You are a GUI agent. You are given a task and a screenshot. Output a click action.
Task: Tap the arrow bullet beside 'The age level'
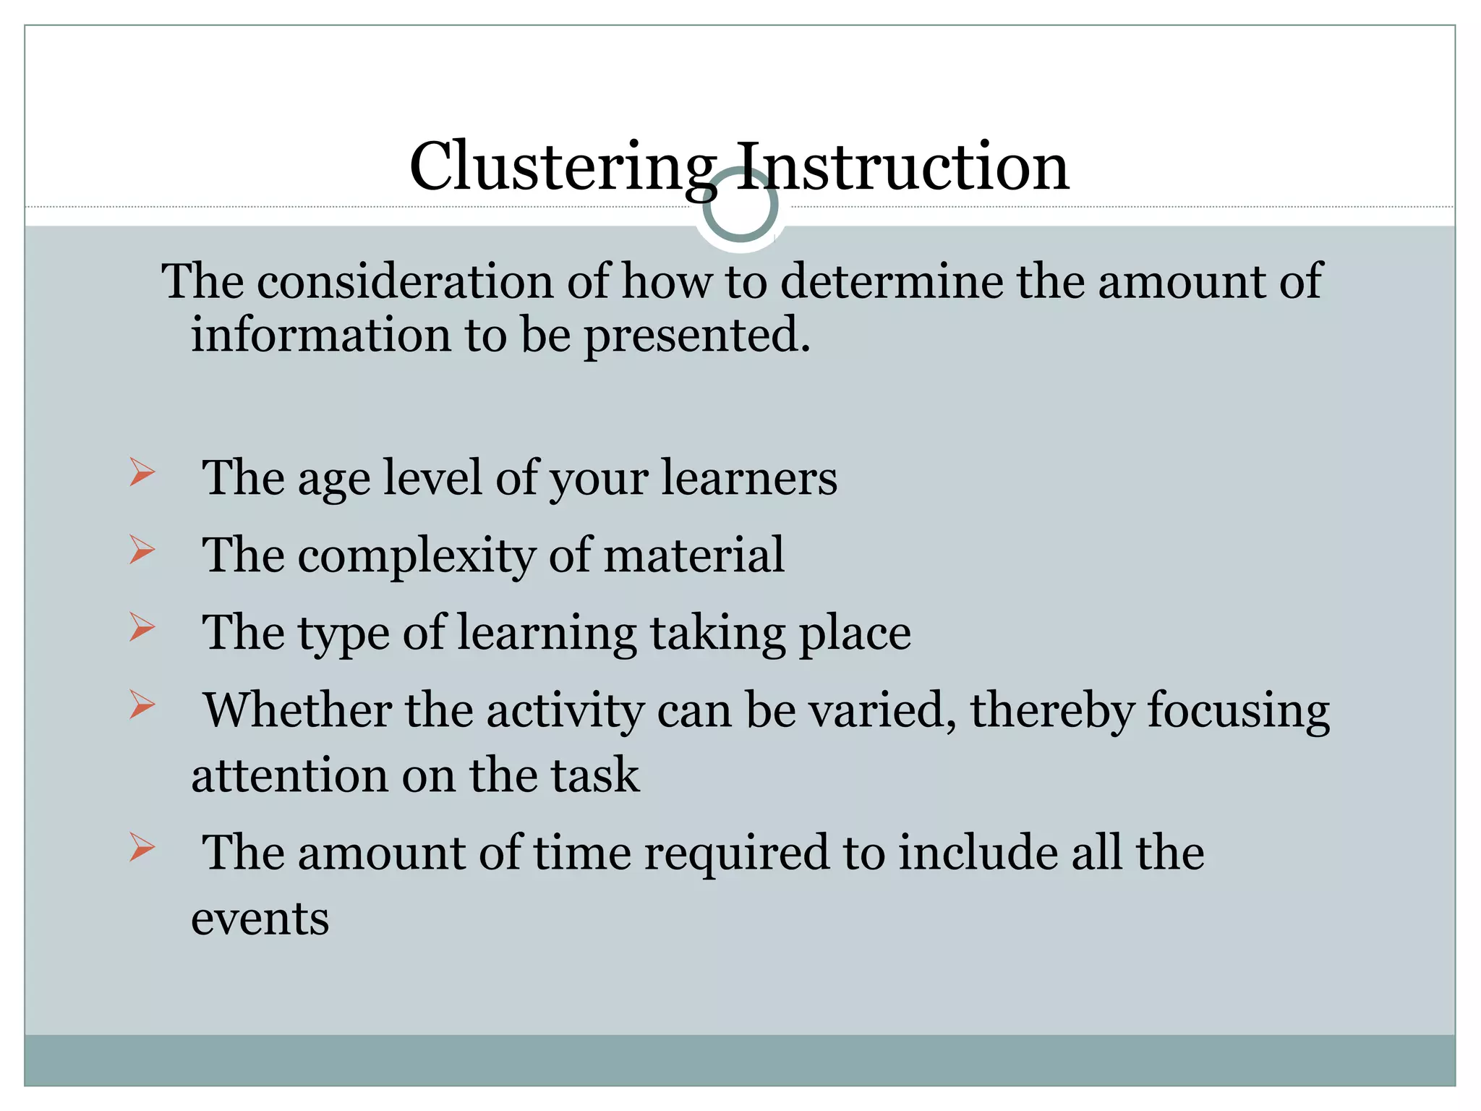(x=142, y=473)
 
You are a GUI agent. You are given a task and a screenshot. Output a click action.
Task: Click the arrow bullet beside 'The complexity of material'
(x=142, y=550)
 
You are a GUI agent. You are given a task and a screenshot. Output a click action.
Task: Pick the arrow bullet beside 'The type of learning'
(x=142, y=628)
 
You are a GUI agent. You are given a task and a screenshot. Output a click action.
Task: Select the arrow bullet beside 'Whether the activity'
(x=142, y=705)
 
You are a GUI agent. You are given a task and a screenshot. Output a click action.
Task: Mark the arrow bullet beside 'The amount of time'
(x=142, y=848)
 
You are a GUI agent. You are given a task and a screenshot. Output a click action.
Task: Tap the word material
(x=693, y=555)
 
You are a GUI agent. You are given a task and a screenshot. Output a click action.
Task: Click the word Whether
(x=297, y=710)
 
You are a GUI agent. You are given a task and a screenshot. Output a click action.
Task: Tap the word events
(x=260, y=919)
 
